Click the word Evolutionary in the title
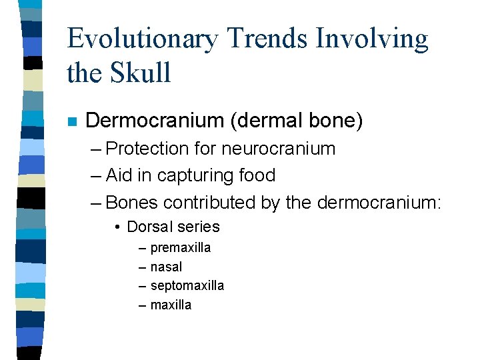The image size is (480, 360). click(x=142, y=40)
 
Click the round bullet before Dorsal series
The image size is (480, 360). click(x=117, y=227)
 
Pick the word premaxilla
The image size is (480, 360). click(x=181, y=248)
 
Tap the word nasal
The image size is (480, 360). click(x=166, y=267)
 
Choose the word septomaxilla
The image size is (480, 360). click(x=187, y=286)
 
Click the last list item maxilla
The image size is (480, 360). click(x=171, y=305)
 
